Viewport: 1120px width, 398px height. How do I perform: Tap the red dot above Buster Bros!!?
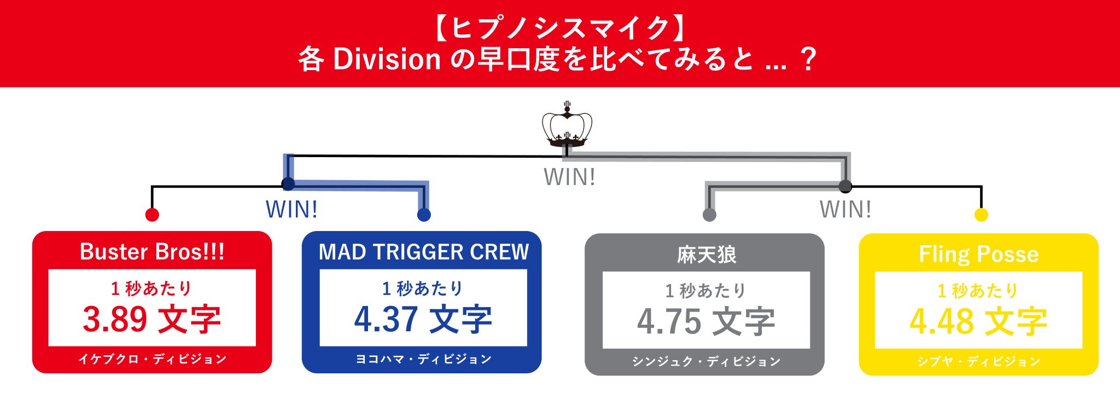[x=152, y=215]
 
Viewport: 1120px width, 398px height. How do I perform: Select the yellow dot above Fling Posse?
[x=981, y=215]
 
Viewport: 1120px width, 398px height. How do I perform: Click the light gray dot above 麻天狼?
[x=709, y=215]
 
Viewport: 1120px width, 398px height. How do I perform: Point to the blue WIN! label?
[x=291, y=210]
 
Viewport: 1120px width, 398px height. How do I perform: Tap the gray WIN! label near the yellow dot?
[x=845, y=210]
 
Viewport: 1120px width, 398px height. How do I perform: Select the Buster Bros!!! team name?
[x=152, y=252]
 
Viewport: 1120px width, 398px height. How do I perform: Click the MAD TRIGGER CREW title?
[x=424, y=252]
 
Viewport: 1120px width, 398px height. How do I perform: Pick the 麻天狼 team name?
[x=707, y=255]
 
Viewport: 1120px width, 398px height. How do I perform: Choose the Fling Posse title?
[x=979, y=254]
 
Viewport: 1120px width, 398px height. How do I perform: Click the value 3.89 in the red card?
[x=115, y=319]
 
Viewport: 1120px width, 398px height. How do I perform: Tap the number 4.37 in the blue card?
[x=386, y=319]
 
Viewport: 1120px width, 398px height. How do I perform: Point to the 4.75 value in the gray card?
[x=669, y=321]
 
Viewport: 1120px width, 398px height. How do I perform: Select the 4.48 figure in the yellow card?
[x=941, y=321]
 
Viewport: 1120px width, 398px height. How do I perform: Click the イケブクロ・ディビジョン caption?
[x=152, y=359]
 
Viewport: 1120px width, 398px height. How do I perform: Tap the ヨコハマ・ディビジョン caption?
[x=424, y=359]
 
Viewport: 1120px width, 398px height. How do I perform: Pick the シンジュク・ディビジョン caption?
[x=707, y=361]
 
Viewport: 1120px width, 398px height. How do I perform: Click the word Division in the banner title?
[x=387, y=59]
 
